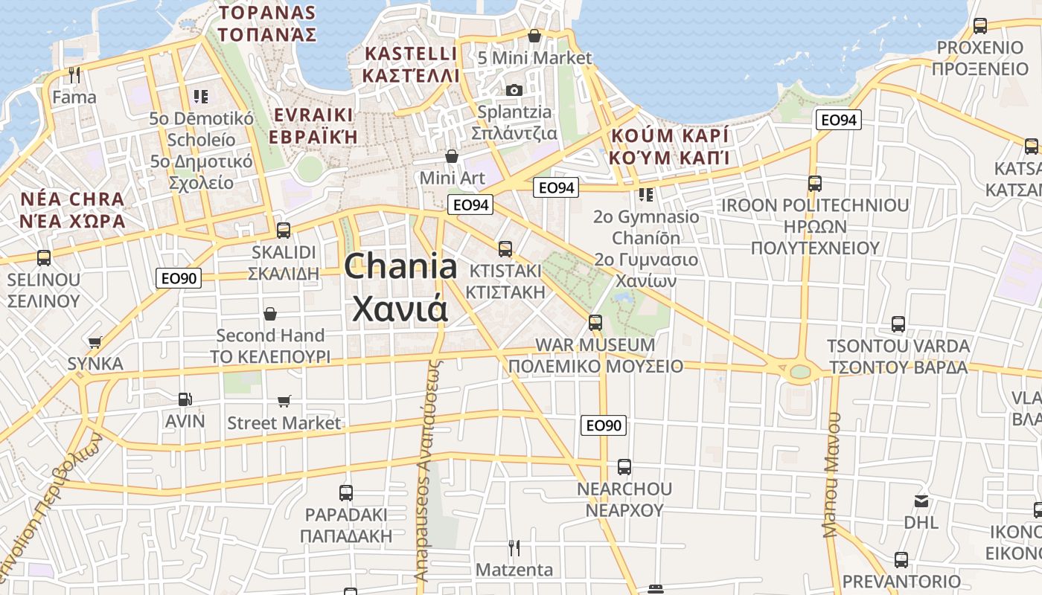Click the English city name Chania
click(x=400, y=266)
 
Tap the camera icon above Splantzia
click(x=514, y=90)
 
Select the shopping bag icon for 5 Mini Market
click(x=534, y=36)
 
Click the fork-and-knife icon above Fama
click(x=74, y=75)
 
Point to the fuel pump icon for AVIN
click(x=185, y=399)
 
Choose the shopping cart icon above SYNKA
click(x=95, y=342)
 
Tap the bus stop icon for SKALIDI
click(x=284, y=231)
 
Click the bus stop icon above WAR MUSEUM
click(x=595, y=323)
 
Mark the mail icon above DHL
click(x=921, y=501)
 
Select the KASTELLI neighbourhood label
click(x=410, y=54)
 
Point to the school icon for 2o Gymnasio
click(x=646, y=195)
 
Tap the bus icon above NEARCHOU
click(x=624, y=467)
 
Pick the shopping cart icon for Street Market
click(x=284, y=402)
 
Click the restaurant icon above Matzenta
click(x=514, y=548)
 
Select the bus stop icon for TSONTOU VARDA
click(x=898, y=324)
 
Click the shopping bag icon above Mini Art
click(x=452, y=156)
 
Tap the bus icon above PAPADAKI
click(x=346, y=492)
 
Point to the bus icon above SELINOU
click(x=44, y=258)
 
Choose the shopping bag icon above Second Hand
click(x=270, y=314)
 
